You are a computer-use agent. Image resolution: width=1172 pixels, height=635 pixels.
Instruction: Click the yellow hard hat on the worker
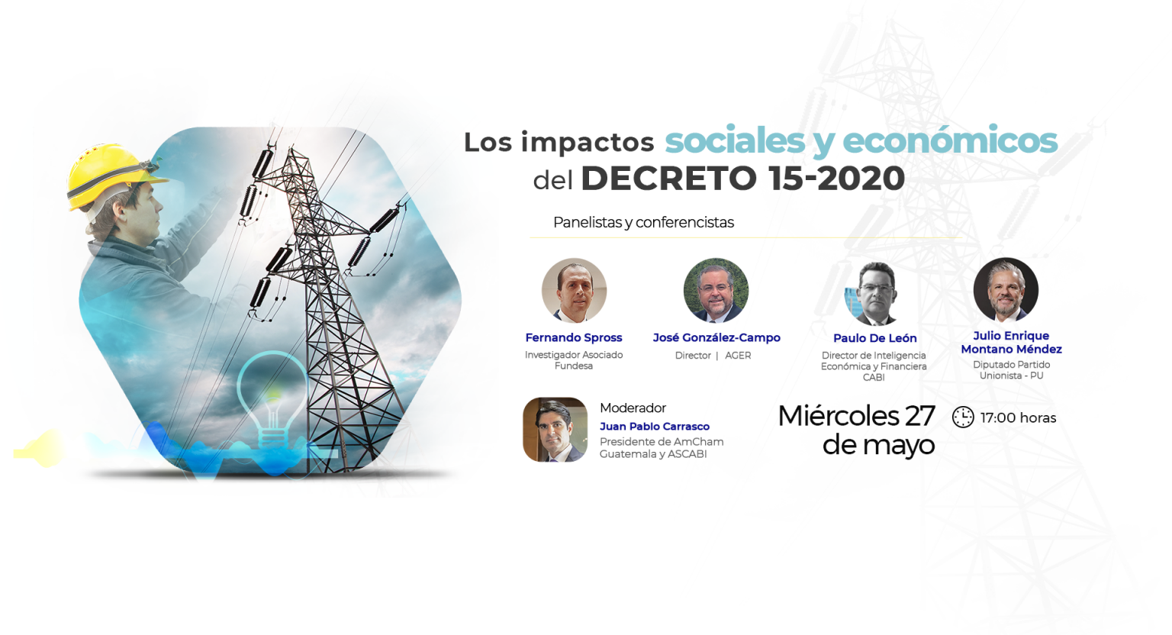tap(112, 176)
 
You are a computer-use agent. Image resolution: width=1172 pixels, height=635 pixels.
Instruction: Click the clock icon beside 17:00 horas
tap(963, 417)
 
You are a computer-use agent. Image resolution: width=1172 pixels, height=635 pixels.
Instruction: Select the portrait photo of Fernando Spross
tap(574, 290)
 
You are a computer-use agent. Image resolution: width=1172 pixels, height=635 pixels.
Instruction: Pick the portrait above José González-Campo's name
tap(716, 290)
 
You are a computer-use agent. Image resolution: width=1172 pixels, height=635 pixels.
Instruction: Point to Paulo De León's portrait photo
tap(875, 293)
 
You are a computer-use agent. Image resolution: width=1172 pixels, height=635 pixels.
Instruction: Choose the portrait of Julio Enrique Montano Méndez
tap(1006, 289)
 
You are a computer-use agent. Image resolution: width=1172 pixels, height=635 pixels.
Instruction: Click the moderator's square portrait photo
tap(555, 429)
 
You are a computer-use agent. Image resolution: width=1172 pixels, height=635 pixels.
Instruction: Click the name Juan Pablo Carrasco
tap(655, 426)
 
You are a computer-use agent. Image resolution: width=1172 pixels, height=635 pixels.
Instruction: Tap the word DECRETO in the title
tap(668, 178)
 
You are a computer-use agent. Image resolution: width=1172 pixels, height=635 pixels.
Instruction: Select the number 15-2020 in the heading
tap(837, 178)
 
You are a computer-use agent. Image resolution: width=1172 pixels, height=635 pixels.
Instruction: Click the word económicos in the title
tap(950, 140)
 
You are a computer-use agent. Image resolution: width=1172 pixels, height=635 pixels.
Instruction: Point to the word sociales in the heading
tap(735, 140)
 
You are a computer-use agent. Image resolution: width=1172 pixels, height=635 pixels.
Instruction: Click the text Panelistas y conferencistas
tap(643, 223)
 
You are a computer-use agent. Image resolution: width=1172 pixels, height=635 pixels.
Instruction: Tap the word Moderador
tap(633, 408)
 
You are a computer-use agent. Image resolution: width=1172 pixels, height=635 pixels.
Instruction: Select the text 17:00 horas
tap(1018, 417)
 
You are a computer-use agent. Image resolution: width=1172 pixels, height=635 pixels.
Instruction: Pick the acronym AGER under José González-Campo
tap(738, 356)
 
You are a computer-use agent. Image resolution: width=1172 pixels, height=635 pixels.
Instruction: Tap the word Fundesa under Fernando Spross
tap(574, 366)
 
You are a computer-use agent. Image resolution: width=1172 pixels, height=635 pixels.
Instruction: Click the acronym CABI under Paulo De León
tap(874, 378)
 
